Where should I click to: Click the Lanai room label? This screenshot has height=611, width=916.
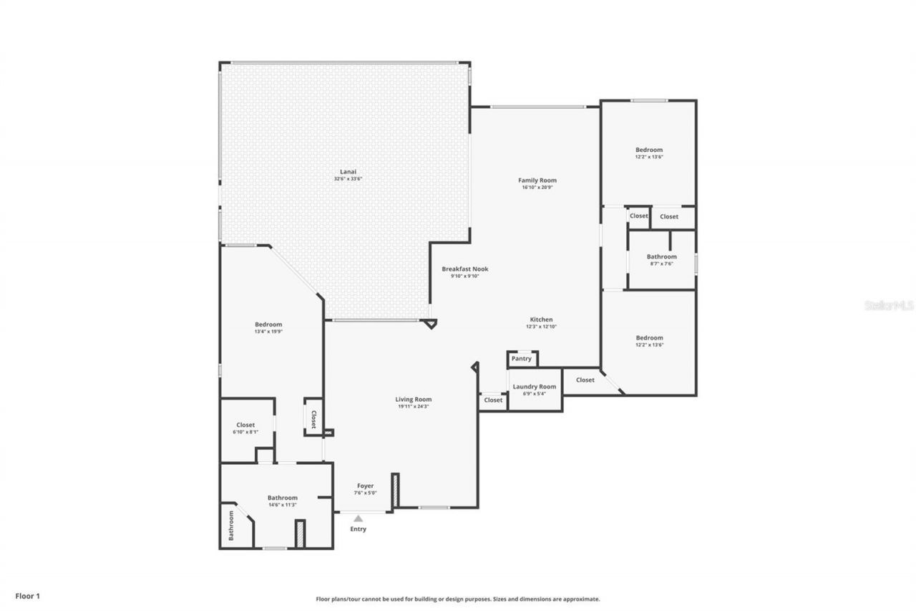(x=348, y=171)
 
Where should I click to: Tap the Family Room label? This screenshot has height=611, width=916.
(x=537, y=181)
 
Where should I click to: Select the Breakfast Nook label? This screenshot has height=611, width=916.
(x=464, y=269)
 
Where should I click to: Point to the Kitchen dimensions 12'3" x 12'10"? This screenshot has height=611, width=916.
(x=541, y=327)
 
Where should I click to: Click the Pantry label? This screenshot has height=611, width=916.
(x=522, y=359)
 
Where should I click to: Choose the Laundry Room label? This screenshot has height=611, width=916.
(x=535, y=387)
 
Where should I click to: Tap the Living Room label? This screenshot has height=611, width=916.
(x=414, y=400)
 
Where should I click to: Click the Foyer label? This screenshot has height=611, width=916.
(x=365, y=486)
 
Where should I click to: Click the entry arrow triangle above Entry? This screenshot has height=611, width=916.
(x=358, y=518)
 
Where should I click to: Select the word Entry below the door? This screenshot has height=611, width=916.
(x=358, y=529)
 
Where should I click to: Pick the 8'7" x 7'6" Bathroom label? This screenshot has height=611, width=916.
(x=661, y=256)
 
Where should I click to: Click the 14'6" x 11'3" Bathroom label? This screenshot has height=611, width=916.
(x=283, y=498)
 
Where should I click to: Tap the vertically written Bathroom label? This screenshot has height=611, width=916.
(x=231, y=525)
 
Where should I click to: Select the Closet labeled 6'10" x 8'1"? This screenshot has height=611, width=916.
(x=245, y=425)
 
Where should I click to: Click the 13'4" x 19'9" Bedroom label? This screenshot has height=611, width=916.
(x=268, y=324)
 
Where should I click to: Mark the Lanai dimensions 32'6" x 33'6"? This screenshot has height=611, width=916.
(x=348, y=178)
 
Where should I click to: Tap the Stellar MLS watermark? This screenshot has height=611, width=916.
(x=889, y=305)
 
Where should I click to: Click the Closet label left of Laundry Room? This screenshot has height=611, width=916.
(x=493, y=400)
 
